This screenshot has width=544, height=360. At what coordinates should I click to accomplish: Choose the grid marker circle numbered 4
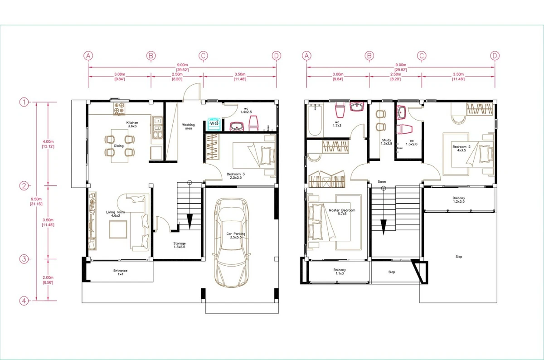[24, 301]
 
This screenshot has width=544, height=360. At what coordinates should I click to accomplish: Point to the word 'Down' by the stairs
[382, 182]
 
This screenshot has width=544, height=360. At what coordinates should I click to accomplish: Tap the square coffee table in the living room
[117, 231]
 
